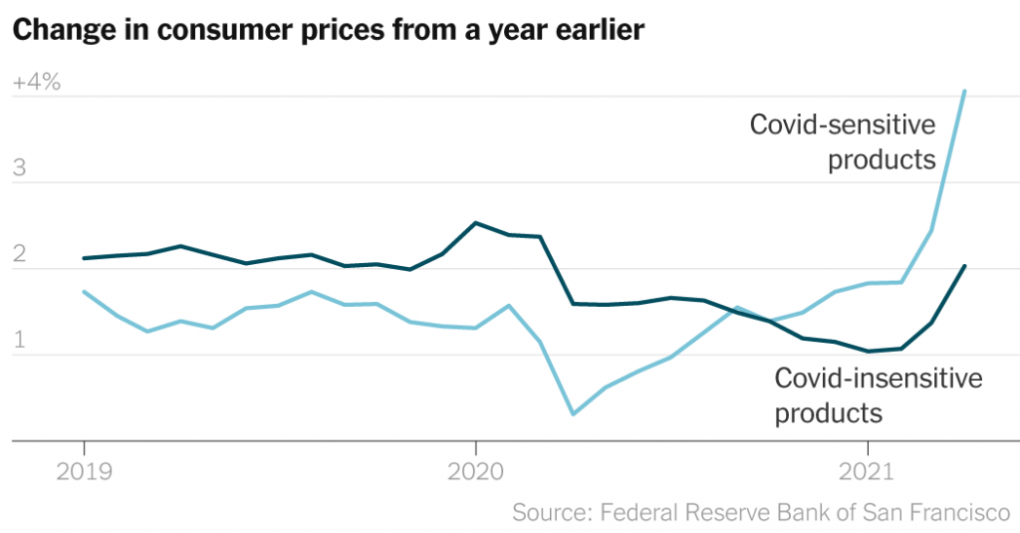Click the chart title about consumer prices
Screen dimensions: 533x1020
click(x=328, y=31)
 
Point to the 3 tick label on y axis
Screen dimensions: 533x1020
click(x=20, y=169)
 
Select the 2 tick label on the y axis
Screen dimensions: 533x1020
click(x=20, y=255)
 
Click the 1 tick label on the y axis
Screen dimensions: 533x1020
click(x=20, y=341)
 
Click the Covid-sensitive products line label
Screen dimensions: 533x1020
click(x=843, y=141)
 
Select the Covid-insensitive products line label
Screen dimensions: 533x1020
click(x=878, y=395)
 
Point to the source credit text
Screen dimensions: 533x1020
click(x=761, y=513)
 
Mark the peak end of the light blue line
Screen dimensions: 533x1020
click(x=964, y=92)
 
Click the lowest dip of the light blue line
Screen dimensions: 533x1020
click(x=573, y=413)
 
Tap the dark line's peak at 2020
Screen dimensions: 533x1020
click(x=475, y=223)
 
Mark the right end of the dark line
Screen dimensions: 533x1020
click(x=964, y=266)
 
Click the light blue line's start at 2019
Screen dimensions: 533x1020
click(x=84, y=292)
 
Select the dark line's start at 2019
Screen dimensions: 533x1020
click(x=84, y=258)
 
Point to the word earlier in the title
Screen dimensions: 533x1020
click(x=598, y=31)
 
